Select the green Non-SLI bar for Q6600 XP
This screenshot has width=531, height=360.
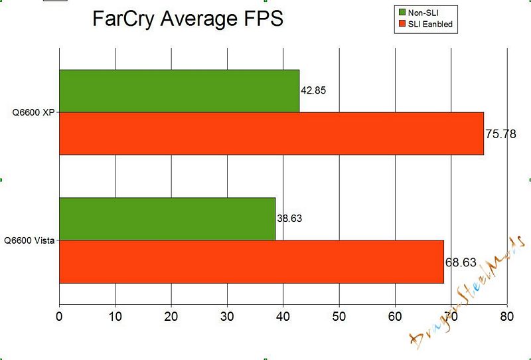point(179,91)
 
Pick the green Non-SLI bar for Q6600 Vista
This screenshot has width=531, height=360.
point(167,219)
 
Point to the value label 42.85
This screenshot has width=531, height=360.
point(315,90)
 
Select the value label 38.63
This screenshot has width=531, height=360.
point(291,218)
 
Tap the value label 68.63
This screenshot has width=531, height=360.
point(461,262)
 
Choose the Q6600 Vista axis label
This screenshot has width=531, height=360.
point(29,240)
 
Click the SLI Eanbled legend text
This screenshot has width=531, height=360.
point(433,25)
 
